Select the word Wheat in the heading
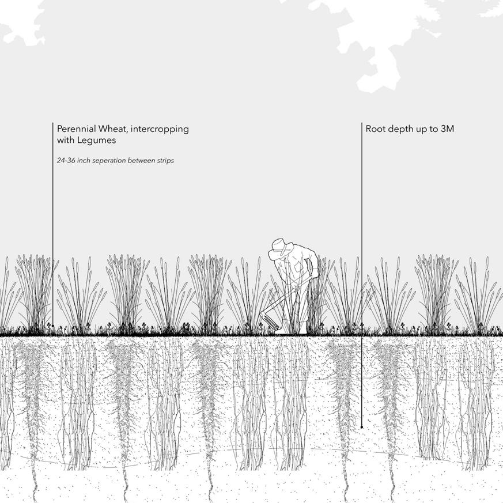(x=112, y=129)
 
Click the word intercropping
(x=160, y=129)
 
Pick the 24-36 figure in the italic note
(x=66, y=161)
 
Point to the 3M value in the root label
(x=447, y=129)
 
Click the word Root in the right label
(x=375, y=129)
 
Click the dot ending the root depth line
(x=362, y=427)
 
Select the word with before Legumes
(x=65, y=141)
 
